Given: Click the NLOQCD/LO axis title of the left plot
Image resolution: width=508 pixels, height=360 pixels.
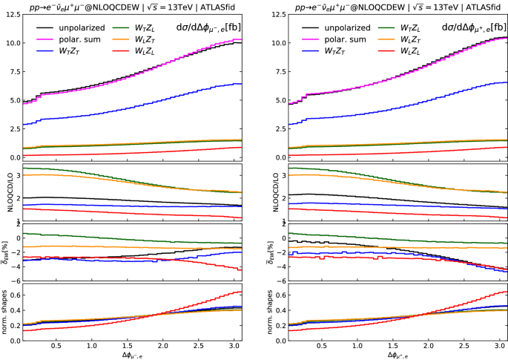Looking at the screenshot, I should [5, 192].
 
